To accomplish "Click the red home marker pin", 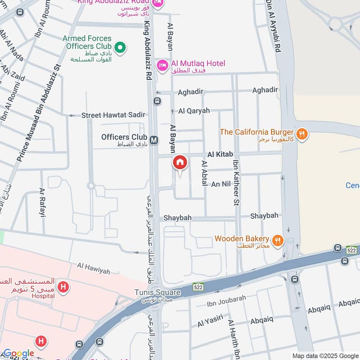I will click(180, 163).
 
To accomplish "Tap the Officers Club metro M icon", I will click(154, 140).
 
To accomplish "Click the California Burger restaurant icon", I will click(302, 134).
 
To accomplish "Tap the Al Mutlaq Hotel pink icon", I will click(162, 66).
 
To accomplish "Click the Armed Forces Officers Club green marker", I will click(120, 47).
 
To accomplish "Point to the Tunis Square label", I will click(157, 292).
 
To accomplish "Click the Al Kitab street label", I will click(220, 154).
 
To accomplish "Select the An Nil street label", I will click(221, 184).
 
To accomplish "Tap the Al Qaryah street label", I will click(194, 111).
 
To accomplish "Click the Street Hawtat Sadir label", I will click(113, 115).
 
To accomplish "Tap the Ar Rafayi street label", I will click(42, 202).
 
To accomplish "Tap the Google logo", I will click(18, 354).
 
